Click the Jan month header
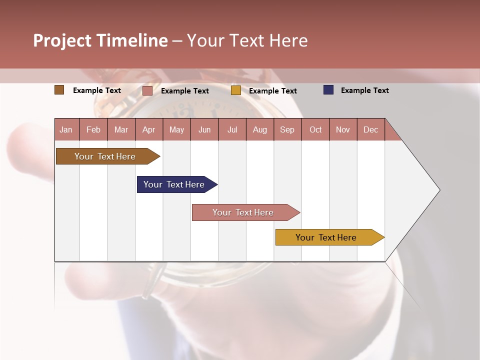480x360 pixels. pyautogui.click(x=66, y=129)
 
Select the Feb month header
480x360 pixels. pyautogui.click(x=93, y=129)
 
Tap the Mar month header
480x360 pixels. pyautogui.click(x=121, y=129)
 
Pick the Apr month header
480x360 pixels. pyautogui.click(x=149, y=129)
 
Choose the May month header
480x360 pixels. pyautogui.click(x=176, y=129)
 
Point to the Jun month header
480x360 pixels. pyautogui.click(x=204, y=129)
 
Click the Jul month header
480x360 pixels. pyautogui.click(x=232, y=129)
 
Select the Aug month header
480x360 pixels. pyautogui.click(x=260, y=129)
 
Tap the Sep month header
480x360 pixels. pyautogui.click(x=287, y=129)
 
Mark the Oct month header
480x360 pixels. pyautogui.click(x=315, y=129)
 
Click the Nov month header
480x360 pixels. pyautogui.click(x=343, y=129)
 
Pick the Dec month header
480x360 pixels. pyautogui.click(x=371, y=129)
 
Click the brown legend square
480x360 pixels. pyautogui.click(x=59, y=90)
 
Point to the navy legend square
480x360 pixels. pyautogui.click(x=328, y=90)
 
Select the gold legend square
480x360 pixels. pyautogui.click(x=236, y=90)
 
